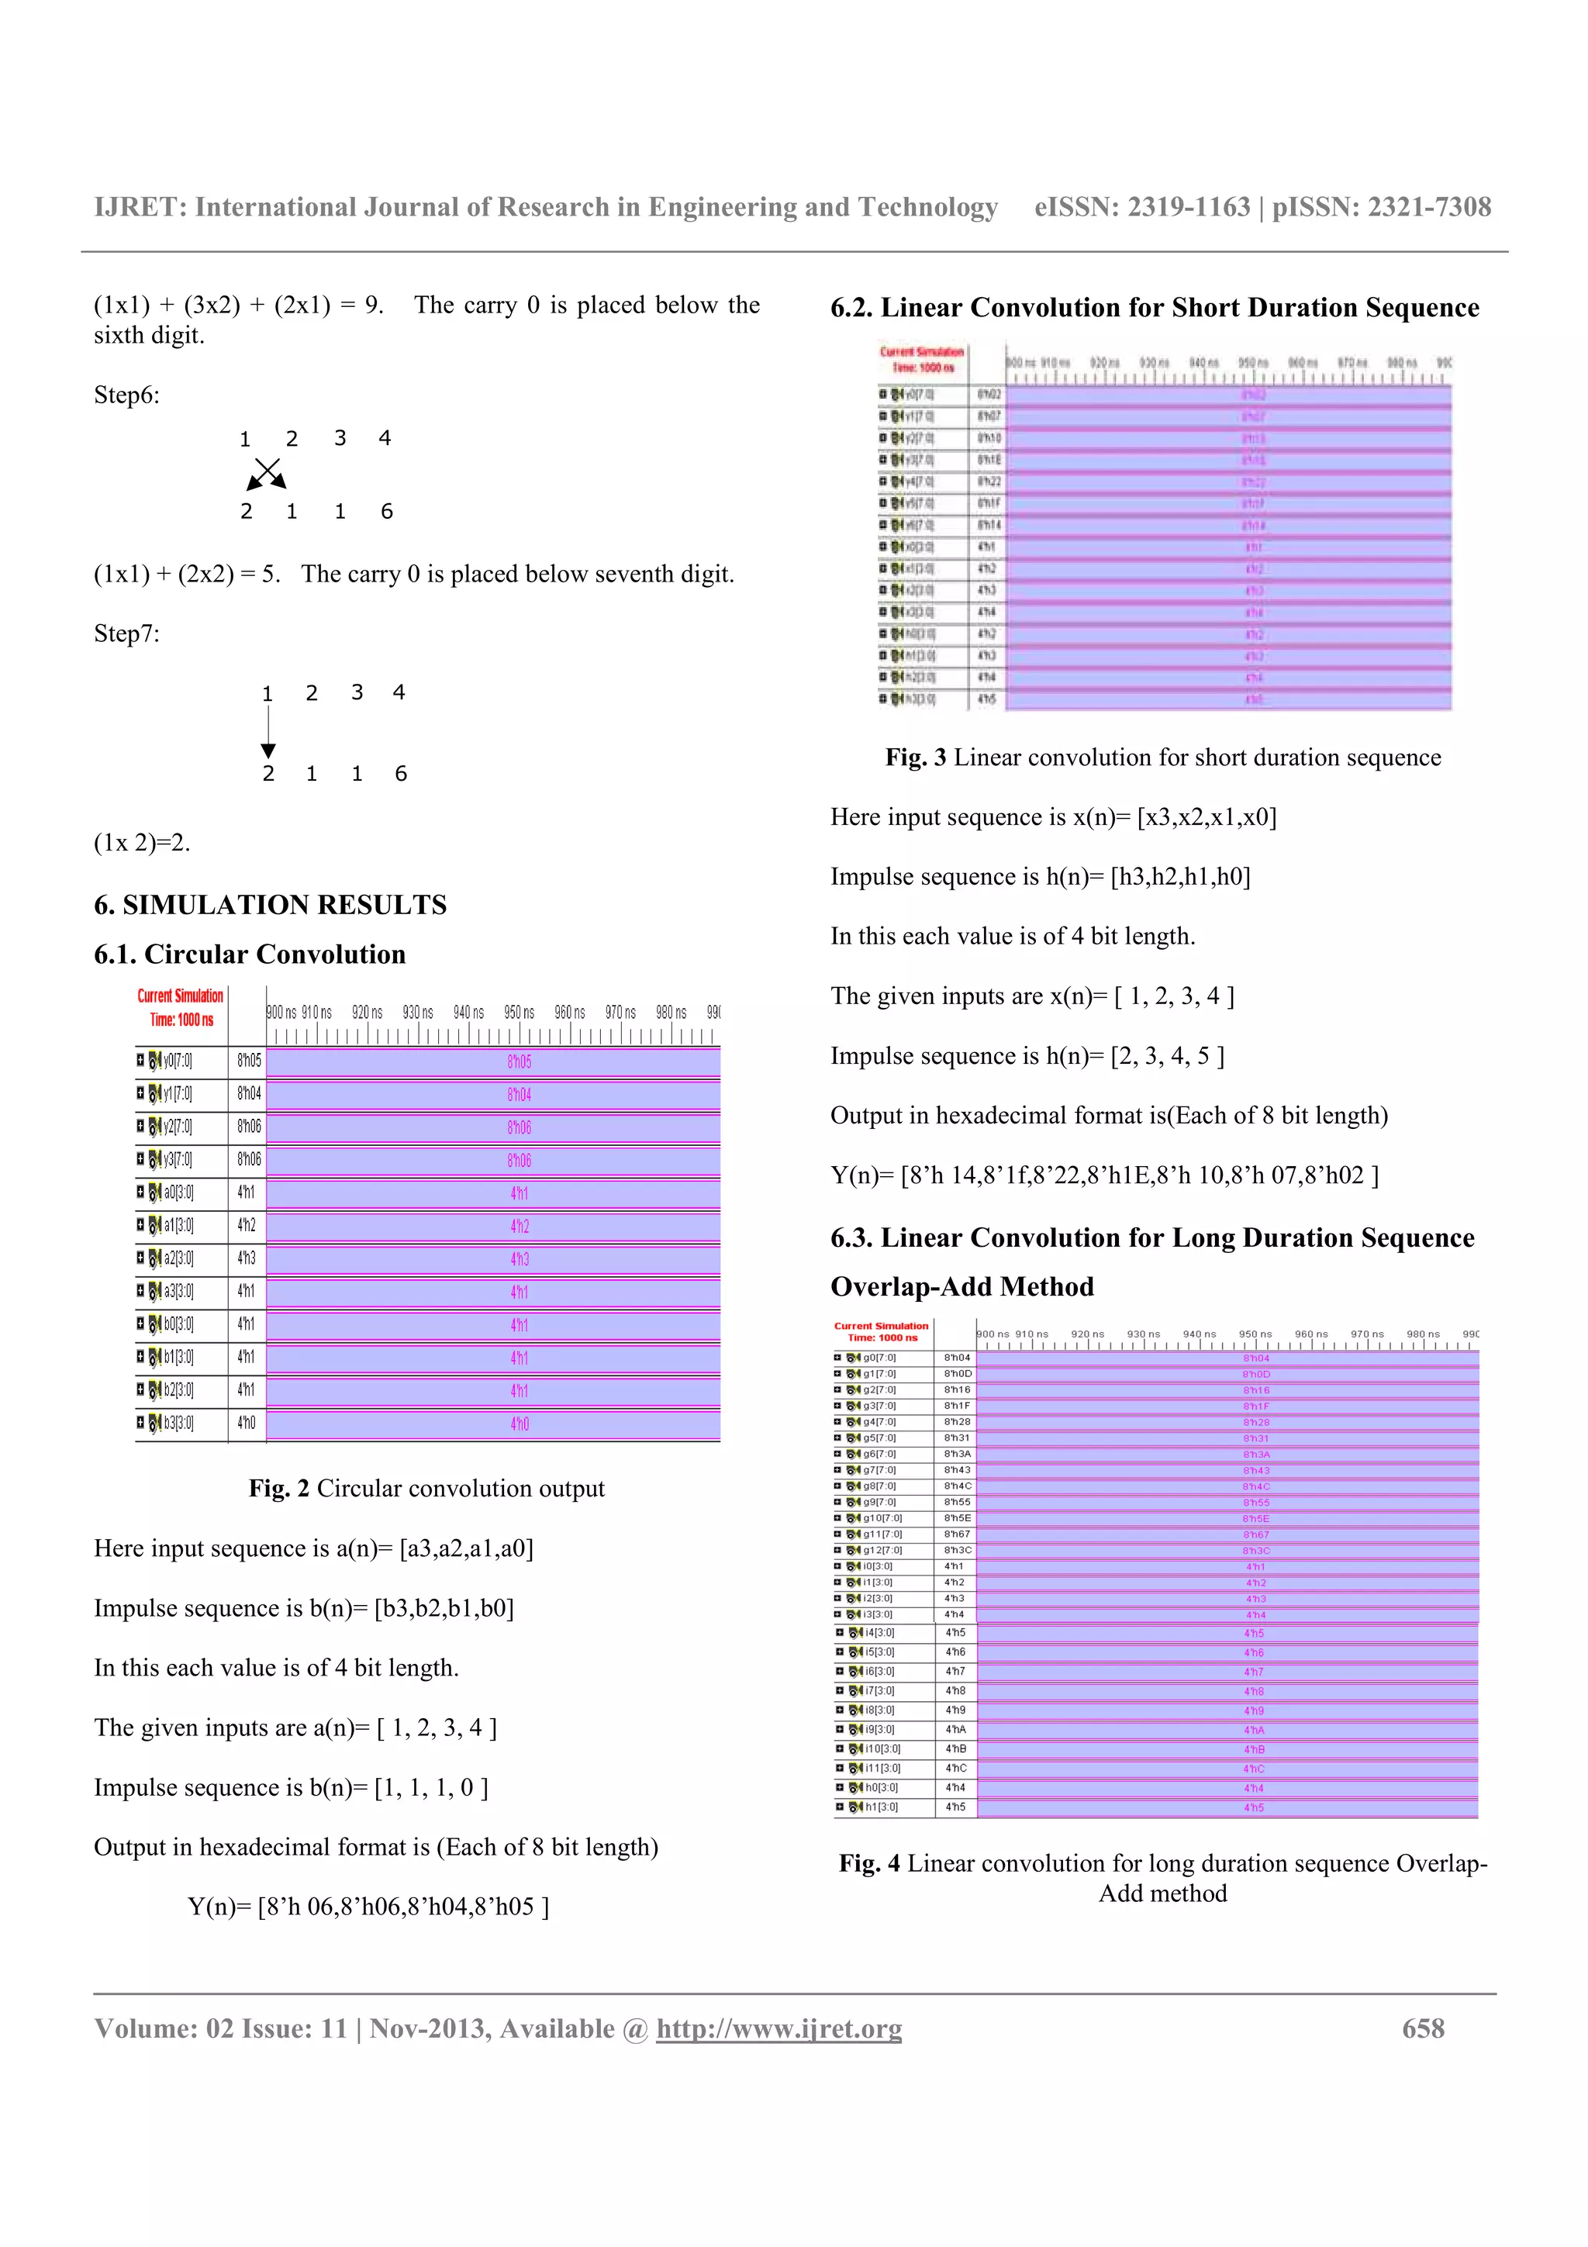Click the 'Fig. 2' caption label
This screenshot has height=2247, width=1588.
click(279, 1489)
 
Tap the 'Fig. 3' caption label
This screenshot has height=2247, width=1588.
click(916, 758)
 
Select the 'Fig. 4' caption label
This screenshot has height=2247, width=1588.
click(869, 1863)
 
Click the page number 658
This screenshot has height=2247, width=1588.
click(1423, 2029)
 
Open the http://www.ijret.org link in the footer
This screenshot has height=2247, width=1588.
click(778, 2029)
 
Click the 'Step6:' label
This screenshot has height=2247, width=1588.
click(126, 395)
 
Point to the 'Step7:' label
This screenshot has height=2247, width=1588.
click(126, 634)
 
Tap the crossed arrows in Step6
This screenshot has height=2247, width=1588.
click(266, 474)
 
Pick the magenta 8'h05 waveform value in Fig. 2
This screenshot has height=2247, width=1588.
click(520, 1061)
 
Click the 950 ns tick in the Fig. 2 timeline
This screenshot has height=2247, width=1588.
click(520, 1013)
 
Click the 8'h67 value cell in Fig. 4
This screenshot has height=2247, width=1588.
click(957, 1534)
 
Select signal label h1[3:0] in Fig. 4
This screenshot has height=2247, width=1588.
click(881, 1807)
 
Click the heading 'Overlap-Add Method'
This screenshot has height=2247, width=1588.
click(961, 1287)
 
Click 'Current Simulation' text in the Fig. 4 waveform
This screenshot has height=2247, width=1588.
click(881, 1326)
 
